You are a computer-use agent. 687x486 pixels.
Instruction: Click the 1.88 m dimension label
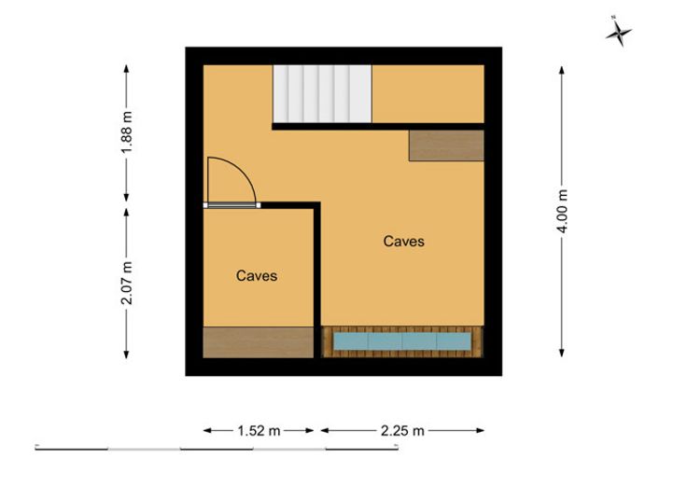tap(126, 132)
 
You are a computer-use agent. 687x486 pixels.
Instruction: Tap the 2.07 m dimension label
tap(126, 283)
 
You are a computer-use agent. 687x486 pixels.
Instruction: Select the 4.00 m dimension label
tap(562, 211)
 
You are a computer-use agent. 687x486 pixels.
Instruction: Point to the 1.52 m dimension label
tap(259, 431)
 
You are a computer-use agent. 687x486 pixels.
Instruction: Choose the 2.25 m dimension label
tap(402, 431)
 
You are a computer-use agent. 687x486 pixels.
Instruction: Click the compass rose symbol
tap(619, 32)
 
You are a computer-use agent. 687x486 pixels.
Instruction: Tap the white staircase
tap(322, 94)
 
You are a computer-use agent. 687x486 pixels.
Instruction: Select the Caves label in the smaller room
tap(257, 276)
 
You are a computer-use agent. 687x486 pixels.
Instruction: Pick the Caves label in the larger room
tap(403, 242)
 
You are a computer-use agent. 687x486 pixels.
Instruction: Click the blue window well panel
tap(402, 341)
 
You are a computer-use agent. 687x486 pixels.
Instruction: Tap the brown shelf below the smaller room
tap(258, 342)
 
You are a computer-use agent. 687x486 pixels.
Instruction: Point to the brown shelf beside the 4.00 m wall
tap(446, 146)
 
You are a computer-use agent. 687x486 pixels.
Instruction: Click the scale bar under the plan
tap(217, 448)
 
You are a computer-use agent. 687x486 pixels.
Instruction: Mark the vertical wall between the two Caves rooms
tap(317, 280)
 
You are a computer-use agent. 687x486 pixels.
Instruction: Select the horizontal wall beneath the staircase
tap(378, 127)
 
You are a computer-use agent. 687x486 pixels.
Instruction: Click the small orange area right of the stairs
tap(428, 94)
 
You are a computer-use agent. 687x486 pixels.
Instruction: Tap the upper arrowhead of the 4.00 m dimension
tap(562, 70)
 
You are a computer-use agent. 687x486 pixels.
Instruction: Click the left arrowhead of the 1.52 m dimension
tap(207, 430)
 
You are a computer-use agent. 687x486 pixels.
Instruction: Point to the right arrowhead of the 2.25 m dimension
tap(480, 430)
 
